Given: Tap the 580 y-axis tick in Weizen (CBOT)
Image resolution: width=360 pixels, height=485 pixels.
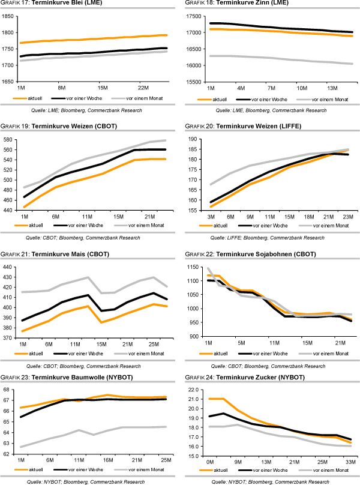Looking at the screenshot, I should (x=9, y=139).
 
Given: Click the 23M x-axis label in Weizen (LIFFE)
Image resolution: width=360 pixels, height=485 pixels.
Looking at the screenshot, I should (x=347, y=217).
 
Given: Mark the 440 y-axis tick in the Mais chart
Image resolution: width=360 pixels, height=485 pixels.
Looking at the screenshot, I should (x=9, y=267).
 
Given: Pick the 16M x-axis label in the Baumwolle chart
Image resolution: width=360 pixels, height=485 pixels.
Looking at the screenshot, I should (x=109, y=460).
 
